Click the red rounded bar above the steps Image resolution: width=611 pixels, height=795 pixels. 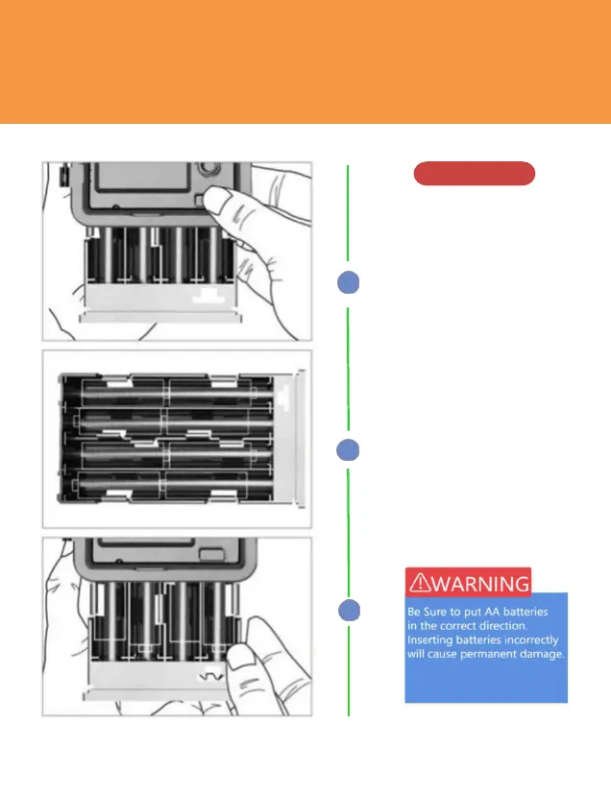pos(474,174)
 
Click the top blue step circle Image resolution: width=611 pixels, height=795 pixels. pos(350,282)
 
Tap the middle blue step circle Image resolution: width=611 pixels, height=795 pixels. pos(350,450)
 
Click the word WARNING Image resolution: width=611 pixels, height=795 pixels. pos(479,583)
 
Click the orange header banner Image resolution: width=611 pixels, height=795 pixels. pos(305,61)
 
